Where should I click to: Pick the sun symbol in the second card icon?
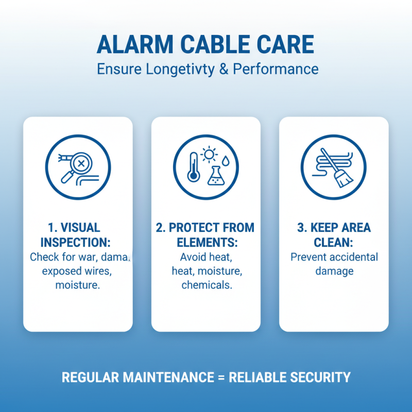210,153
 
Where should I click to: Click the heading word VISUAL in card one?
81,228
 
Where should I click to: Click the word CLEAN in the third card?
334,242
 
